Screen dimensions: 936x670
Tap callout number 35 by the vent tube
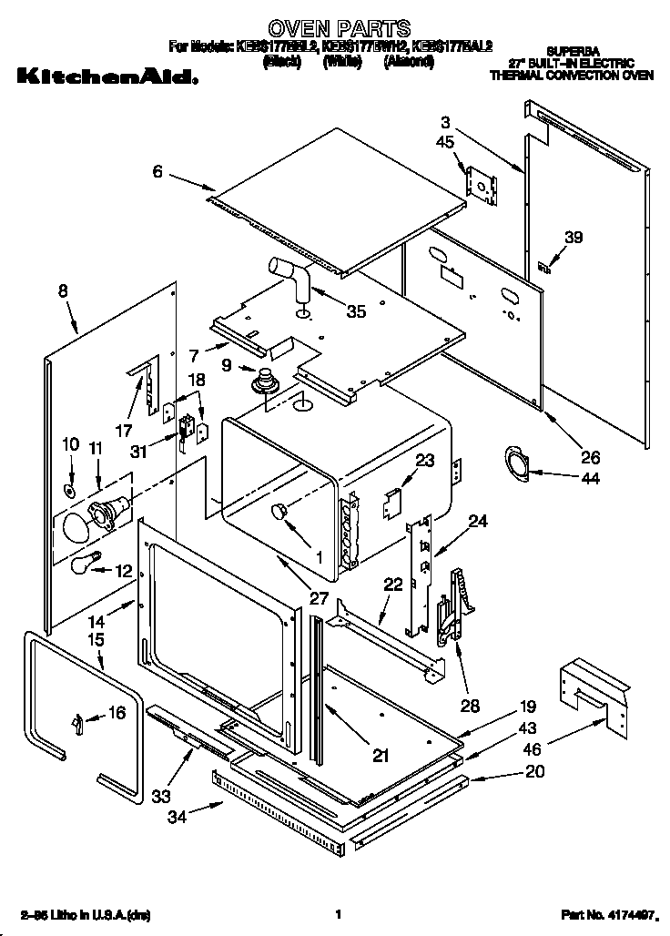(x=357, y=311)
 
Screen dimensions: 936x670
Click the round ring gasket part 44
(x=515, y=462)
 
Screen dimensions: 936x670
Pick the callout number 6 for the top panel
(x=157, y=171)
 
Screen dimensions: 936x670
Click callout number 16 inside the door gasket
(x=116, y=713)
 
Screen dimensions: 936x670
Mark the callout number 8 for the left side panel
(x=63, y=291)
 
